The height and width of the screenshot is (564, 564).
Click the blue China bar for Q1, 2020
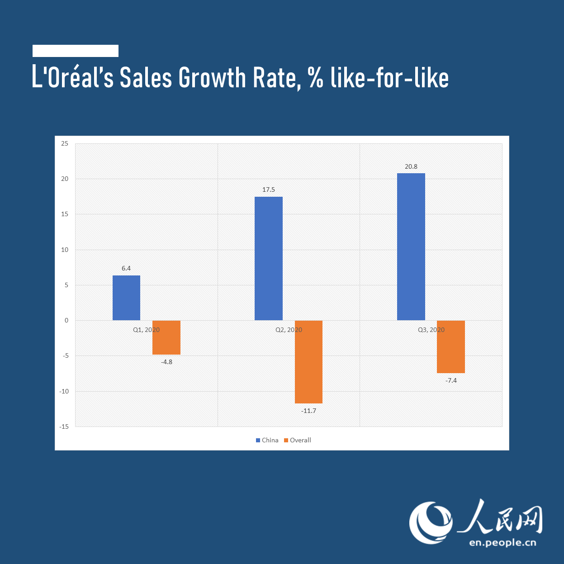click(x=126, y=298)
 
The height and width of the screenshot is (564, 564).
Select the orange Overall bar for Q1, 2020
click(x=166, y=337)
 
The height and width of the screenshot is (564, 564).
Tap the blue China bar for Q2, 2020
click(x=269, y=258)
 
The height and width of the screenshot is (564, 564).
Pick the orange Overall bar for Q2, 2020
click(x=308, y=362)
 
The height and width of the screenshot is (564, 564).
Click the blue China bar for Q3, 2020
click(x=411, y=246)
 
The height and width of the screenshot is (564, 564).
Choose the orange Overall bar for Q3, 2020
click(x=451, y=347)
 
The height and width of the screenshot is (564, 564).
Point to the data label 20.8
click(x=411, y=166)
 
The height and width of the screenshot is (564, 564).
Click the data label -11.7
click(x=309, y=411)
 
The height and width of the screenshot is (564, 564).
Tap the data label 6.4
click(x=126, y=268)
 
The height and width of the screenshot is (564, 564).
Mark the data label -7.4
click(x=451, y=380)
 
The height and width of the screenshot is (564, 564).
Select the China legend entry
click(x=267, y=440)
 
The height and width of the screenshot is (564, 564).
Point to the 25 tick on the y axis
click(x=65, y=143)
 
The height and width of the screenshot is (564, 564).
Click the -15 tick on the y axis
click(x=64, y=427)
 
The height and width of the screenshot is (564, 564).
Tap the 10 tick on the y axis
click(x=65, y=250)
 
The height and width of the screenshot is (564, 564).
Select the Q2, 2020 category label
click(x=289, y=330)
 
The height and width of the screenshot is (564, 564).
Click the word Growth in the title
click(x=212, y=78)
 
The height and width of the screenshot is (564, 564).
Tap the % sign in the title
click(x=316, y=78)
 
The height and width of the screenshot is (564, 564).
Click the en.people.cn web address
click(x=502, y=542)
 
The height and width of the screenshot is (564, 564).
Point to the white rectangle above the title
click(x=76, y=51)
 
